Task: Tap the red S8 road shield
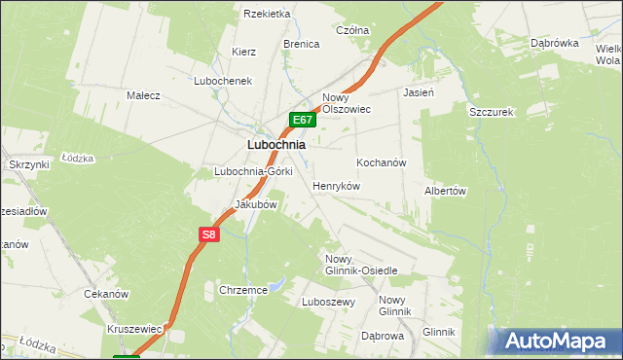pos(209,234)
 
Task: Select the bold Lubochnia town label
pos(276,144)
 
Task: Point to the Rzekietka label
pos(268,14)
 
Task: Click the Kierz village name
pos(243,51)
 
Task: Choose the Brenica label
pos(302,45)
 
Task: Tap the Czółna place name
pos(352,31)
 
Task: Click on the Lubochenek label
pos(223,81)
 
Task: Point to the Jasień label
pos(418,93)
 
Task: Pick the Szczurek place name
pos(491,112)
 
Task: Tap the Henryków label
pos(337,185)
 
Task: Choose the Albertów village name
pos(446,192)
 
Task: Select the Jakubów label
pos(256,205)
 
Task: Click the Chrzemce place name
pos(243,290)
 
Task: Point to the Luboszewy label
pos(329,302)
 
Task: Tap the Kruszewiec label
pos(134,330)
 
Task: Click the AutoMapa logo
pos(557,341)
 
